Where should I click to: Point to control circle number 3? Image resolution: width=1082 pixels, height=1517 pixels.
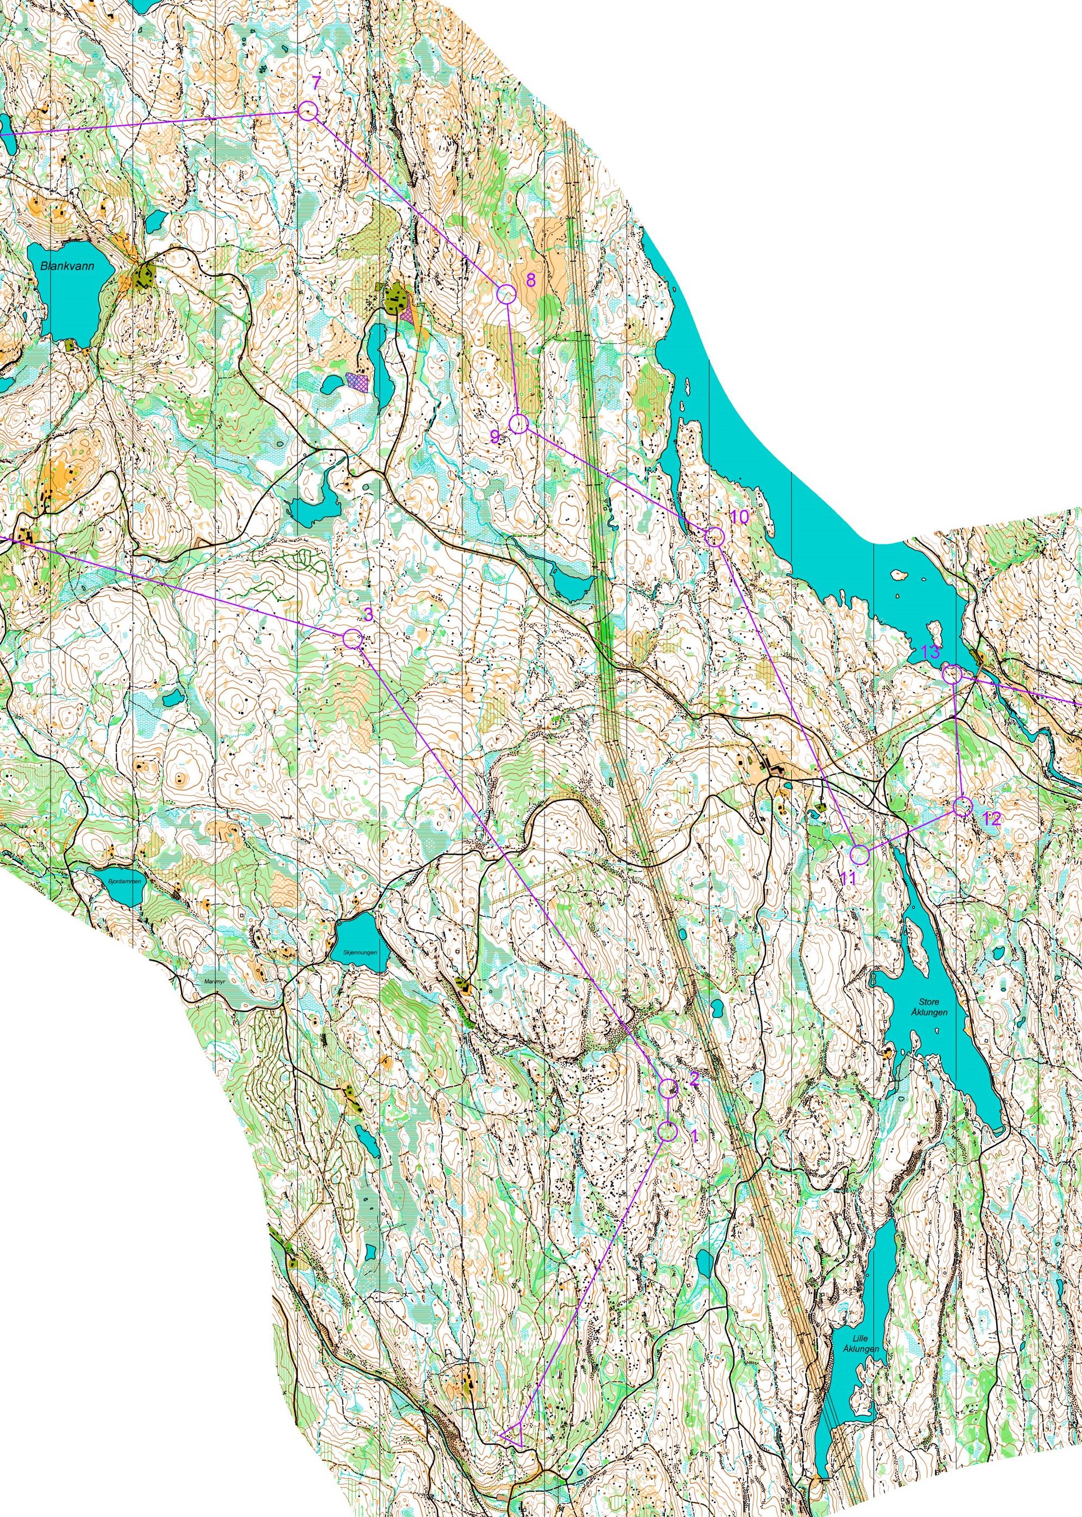pos(353,638)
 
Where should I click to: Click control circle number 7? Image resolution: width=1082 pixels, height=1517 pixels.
pos(307,111)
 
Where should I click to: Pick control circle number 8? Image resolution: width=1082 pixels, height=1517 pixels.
pos(506,293)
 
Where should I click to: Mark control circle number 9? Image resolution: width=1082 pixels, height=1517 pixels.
pos(518,423)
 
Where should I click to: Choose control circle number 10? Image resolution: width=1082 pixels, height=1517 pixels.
pos(714,536)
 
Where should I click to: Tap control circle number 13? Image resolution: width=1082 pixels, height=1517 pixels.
pos(953,675)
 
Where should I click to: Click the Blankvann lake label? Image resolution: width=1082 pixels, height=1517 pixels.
pos(67,265)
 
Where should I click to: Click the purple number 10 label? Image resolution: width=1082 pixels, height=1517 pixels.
pos(739,516)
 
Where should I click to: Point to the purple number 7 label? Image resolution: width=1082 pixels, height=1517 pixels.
pos(316,83)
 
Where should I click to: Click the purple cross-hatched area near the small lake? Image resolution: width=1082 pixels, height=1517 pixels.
pos(358,382)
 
